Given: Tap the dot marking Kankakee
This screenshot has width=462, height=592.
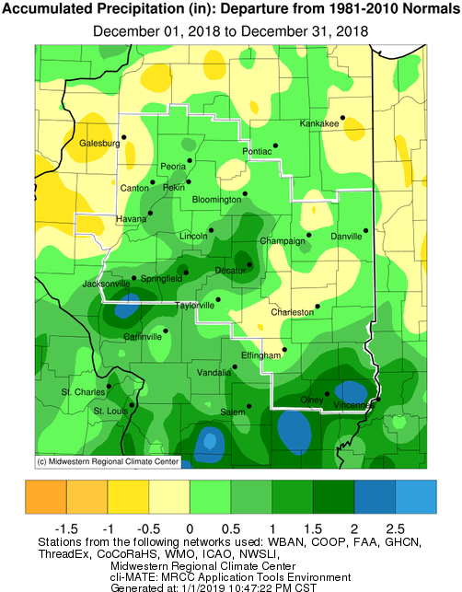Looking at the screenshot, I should click(342, 117).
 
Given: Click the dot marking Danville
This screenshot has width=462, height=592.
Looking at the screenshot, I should click(365, 230).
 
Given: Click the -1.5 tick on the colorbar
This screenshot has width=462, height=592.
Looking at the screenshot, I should click(66, 528).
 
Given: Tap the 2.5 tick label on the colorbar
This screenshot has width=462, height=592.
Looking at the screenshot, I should click(396, 528).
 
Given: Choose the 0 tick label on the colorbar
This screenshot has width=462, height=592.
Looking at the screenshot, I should click(189, 528).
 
